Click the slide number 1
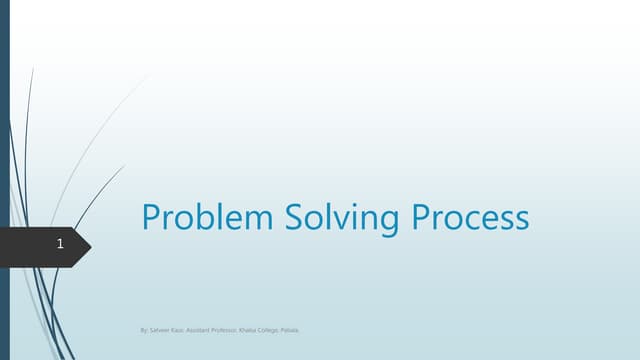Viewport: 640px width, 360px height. click(61, 244)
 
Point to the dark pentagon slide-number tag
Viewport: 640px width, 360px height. click(45, 244)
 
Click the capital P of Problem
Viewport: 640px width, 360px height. click(153, 217)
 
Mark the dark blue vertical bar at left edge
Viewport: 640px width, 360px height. click(4, 180)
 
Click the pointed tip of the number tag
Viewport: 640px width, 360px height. click(90, 244)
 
